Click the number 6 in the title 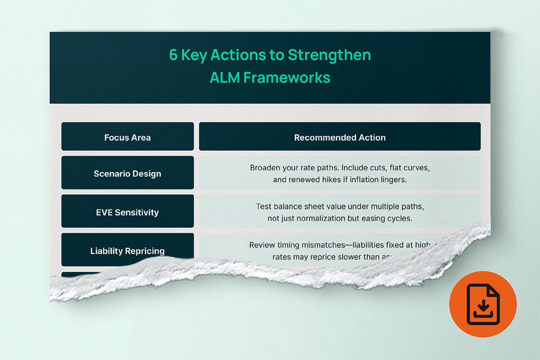(x=174, y=55)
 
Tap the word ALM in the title (x=225, y=77)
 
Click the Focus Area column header (x=127, y=137)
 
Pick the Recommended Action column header (x=340, y=137)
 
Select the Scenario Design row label (x=127, y=173)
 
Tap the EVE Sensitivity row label (x=127, y=212)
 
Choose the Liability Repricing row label (x=127, y=251)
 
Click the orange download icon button (x=483, y=304)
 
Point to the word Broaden (x=265, y=168)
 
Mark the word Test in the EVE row (x=264, y=207)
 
